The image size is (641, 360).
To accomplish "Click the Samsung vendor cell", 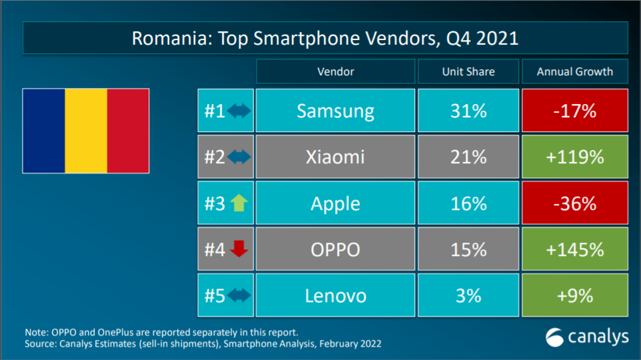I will (x=335, y=111).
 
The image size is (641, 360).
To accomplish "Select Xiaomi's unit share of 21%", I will (x=468, y=157).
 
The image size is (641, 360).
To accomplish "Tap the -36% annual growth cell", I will (x=574, y=203).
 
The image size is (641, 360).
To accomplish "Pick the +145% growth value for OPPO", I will (x=574, y=249).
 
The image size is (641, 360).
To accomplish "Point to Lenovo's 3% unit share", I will (x=468, y=295).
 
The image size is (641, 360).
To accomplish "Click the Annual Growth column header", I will (x=574, y=71).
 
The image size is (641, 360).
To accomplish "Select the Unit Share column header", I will (x=468, y=71).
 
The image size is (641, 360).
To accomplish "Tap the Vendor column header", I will (x=335, y=71).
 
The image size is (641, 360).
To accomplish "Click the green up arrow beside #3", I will (x=238, y=203).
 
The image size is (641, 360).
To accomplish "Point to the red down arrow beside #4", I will (x=238, y=249).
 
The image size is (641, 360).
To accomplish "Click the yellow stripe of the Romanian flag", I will (x=86, y=131).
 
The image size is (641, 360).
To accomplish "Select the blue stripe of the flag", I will (x=44, y=131).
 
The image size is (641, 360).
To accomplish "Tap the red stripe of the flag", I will (x=128, y=131).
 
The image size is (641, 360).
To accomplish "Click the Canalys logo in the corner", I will (x=587, y=337).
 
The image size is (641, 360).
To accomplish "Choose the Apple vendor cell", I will (x=335, y=203).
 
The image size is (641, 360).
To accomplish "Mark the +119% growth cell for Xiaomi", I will (x=574, y=157).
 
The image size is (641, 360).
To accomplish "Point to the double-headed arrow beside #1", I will (x=239, y=111).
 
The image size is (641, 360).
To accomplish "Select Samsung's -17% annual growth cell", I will (x=574, y=111).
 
